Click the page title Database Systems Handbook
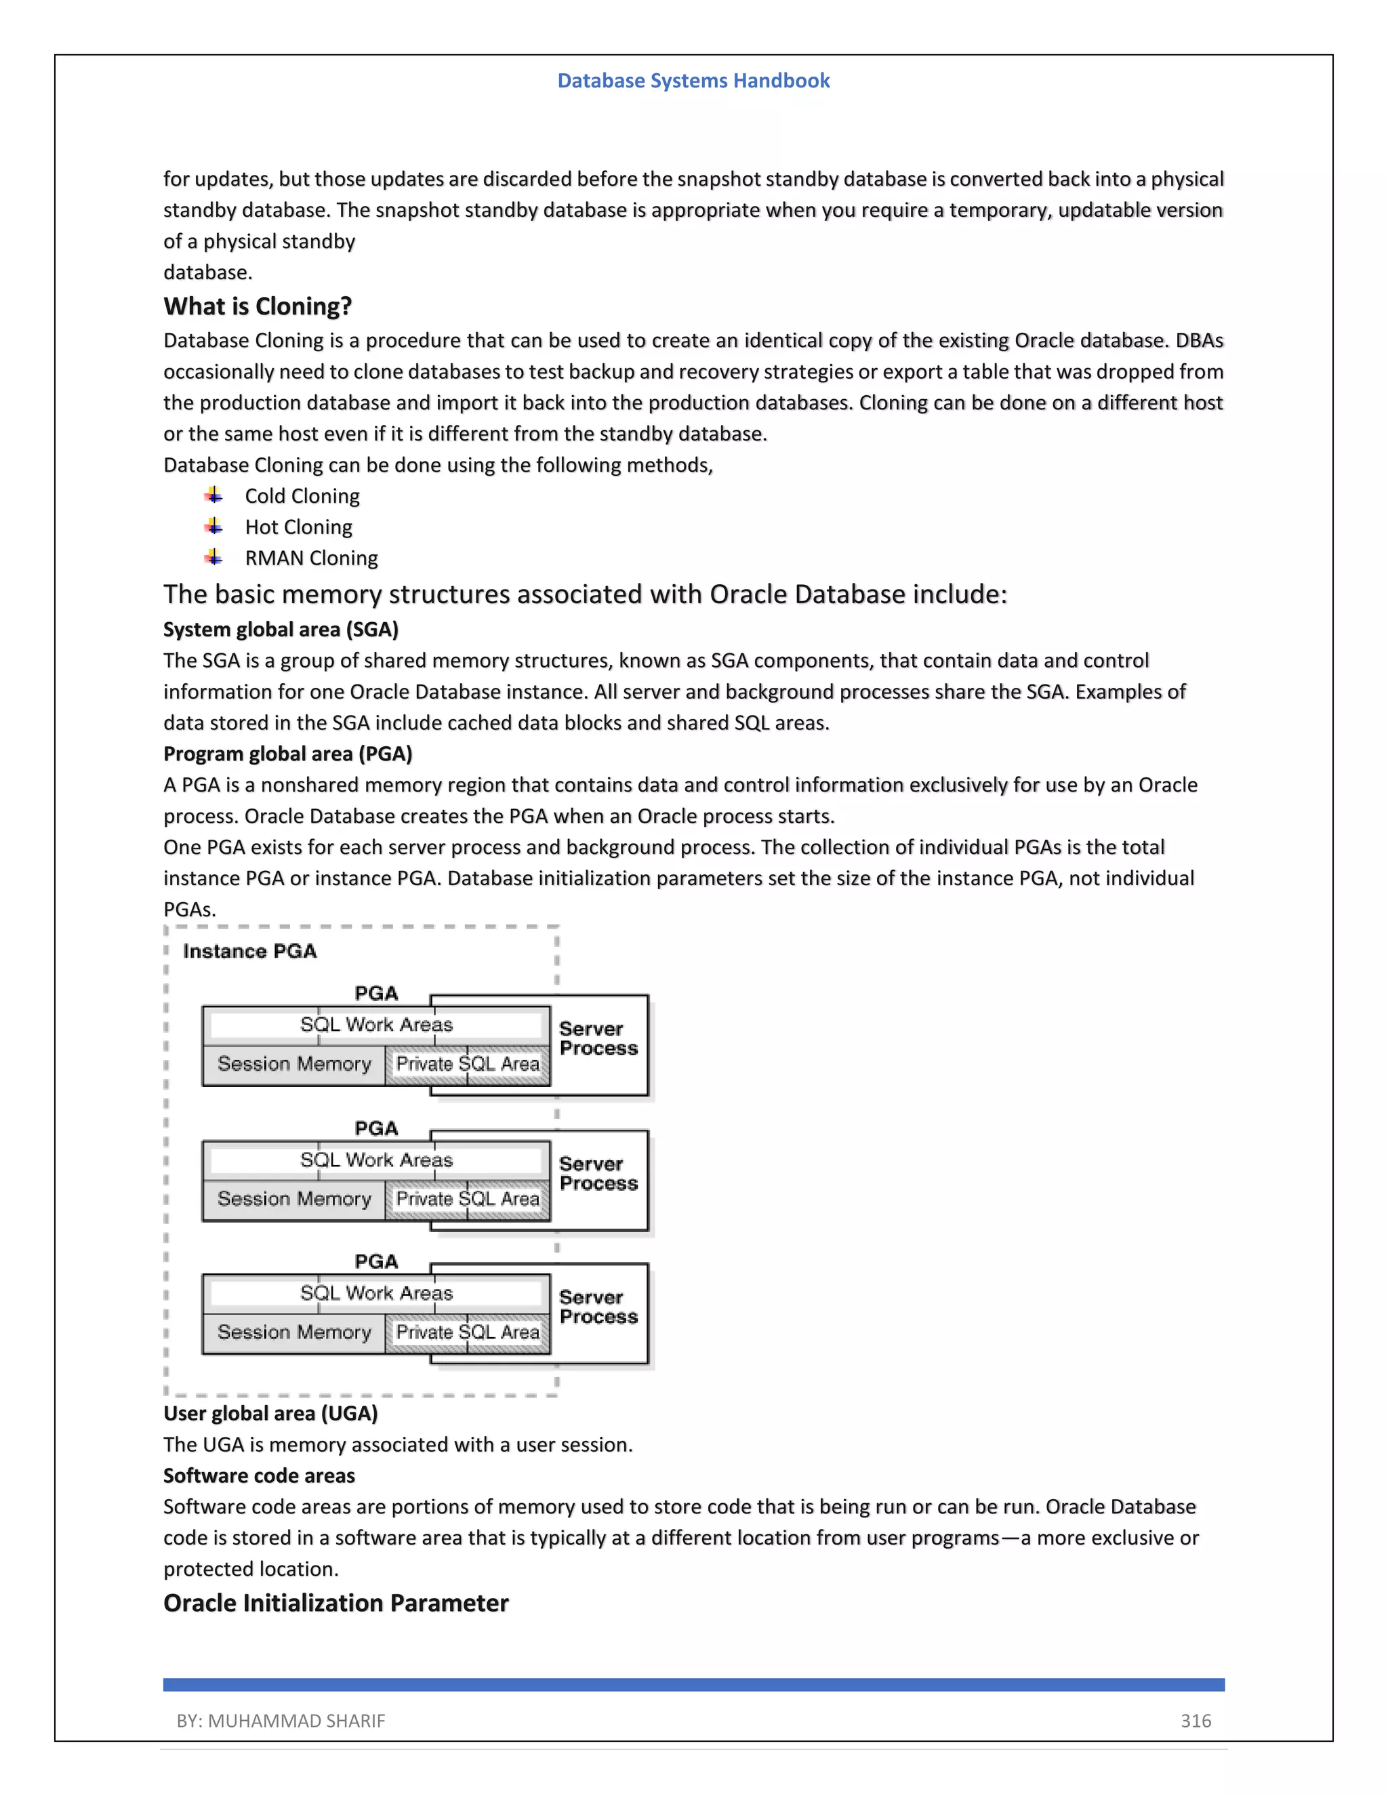click(693, 81)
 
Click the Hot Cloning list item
click(298, 527)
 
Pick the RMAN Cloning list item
click(311, 558)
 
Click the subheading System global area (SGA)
click(281, 630)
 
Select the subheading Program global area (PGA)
click(287, 754)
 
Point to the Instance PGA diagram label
click(249, 952)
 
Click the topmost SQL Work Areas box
click(375, 1025)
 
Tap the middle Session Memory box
click(293, 1199)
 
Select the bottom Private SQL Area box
click(467, 1332)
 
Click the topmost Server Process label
click(598, 1038)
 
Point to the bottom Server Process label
click(598, 1307)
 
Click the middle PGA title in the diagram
click(375, 1128)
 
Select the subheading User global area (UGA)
click(270, 1414)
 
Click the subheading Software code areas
click(259, 1476)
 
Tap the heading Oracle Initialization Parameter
click(335, 1603)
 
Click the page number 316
click(1196, 1721)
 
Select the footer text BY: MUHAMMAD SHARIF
click(281, 1721)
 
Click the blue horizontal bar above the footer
click(693, 1684)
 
